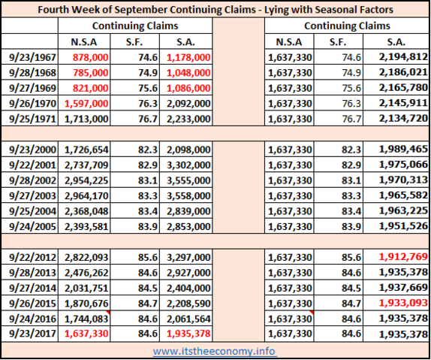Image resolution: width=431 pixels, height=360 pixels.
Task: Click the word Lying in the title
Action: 276,10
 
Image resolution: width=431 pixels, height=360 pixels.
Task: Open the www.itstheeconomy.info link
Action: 215,351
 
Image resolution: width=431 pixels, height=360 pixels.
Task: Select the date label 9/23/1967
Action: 32,57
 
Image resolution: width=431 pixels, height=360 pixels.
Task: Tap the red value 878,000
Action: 90,57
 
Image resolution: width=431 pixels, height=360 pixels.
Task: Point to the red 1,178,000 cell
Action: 188,57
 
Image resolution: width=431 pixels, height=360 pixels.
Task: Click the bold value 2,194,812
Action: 403,56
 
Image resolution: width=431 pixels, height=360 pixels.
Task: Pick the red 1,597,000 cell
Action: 86,104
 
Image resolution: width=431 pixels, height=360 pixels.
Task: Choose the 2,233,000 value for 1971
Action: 188,119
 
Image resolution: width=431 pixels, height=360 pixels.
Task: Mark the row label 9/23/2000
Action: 32,150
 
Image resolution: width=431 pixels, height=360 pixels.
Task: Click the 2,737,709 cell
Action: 86,165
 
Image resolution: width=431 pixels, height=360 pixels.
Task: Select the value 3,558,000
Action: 188,196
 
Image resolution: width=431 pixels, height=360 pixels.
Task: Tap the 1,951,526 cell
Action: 403,226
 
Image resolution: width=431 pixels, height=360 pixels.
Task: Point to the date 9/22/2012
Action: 32,257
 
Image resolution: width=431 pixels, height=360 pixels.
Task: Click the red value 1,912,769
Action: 403,257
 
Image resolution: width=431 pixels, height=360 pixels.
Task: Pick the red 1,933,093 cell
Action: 403,303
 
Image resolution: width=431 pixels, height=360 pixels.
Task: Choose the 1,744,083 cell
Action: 86,319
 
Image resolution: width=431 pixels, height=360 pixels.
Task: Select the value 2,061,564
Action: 188,319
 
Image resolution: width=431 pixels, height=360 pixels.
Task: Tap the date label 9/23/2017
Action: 32,334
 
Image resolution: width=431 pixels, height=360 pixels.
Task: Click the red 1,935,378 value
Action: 188,334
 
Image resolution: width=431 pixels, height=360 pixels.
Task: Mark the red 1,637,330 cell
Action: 86,334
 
